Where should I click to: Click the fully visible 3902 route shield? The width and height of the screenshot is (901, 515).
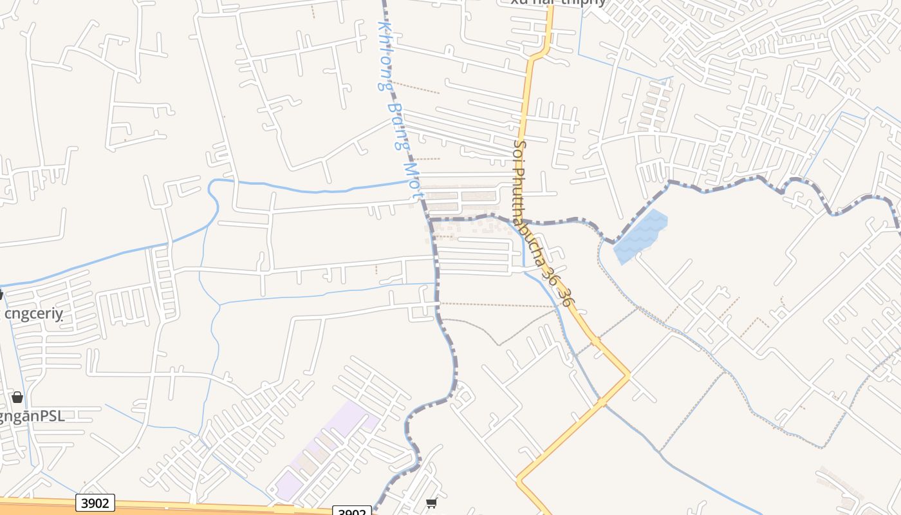(95, 502)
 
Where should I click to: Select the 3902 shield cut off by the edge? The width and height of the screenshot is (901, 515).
(352, 511)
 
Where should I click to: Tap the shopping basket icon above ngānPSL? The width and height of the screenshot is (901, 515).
(17, 397)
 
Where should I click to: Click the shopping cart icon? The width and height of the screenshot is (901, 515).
(432, 502)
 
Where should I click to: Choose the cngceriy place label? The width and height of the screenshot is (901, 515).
(33, 314)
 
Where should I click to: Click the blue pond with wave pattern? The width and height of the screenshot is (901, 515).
(641, 236)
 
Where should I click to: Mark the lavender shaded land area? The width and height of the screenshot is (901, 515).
(325, 444)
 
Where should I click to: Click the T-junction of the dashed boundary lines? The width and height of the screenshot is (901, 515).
(430, 220)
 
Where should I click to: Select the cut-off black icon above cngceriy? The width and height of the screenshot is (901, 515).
(1, 295)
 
